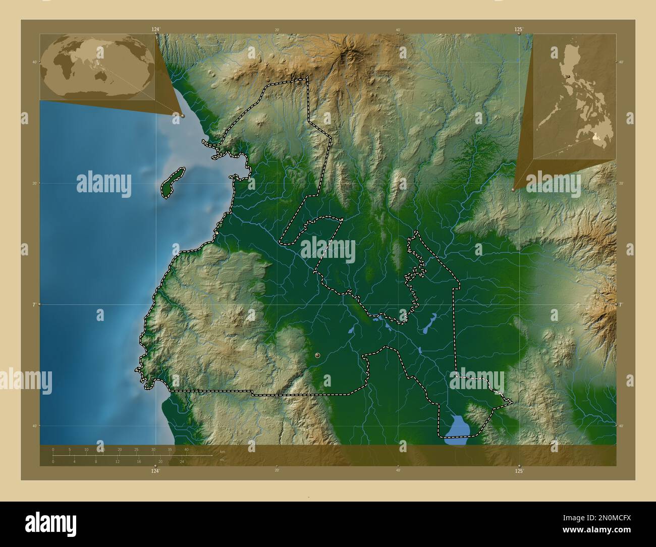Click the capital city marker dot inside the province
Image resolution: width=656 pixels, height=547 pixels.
point(317,356)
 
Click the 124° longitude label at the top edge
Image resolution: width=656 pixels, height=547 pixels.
point(155,30)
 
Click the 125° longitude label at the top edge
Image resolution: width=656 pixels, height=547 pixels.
point(519,30)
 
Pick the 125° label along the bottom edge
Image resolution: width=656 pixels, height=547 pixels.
point(519,471)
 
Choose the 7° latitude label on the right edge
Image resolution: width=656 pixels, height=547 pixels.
point(622,305)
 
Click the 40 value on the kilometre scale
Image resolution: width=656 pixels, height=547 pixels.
point(187,449)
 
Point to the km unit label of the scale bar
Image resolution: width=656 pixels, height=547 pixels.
point(222,451)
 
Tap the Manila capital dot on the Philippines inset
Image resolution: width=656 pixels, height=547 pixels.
point(569,77)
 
